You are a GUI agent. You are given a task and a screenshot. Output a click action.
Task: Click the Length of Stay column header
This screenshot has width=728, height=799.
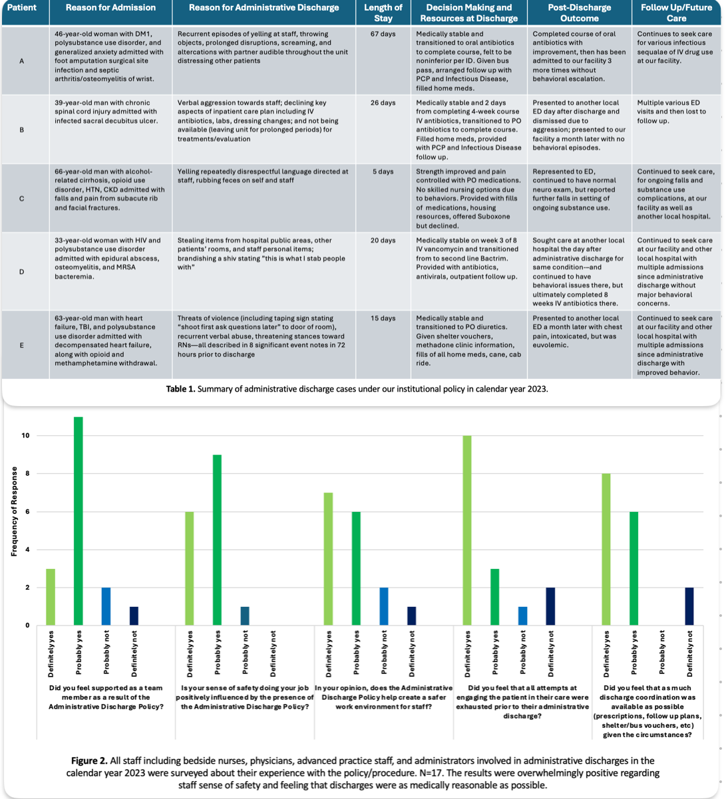(383, 13)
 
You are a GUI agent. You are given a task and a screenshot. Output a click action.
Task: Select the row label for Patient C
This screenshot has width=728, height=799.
(22, 198)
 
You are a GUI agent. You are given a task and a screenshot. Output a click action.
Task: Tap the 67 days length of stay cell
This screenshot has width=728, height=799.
(383, 34)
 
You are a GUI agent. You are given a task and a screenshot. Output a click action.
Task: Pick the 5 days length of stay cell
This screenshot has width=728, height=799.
(383, 171)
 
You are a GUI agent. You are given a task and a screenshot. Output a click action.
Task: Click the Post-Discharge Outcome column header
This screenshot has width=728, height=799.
(579, 13)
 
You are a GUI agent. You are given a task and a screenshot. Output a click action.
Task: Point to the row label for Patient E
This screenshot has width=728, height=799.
(22, 345)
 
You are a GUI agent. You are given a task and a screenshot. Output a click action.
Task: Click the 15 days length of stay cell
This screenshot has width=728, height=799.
(383, 318)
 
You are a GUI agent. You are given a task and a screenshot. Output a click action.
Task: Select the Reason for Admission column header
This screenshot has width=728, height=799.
(110, 8)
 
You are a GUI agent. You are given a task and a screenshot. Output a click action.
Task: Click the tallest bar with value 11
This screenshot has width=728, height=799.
(79, 521)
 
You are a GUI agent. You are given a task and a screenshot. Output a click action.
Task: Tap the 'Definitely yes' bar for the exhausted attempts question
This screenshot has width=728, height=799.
(467, 530)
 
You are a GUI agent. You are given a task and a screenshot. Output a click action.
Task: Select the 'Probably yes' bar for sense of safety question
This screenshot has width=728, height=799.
(218, 540)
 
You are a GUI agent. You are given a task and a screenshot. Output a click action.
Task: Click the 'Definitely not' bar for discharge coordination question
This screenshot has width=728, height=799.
(689, 606)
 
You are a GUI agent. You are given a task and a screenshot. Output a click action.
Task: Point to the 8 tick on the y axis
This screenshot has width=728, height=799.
(26, 474)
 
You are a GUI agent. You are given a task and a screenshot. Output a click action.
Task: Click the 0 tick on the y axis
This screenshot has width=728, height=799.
(27, 626)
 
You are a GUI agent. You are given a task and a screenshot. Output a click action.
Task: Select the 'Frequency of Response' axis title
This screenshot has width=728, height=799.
(14, 511)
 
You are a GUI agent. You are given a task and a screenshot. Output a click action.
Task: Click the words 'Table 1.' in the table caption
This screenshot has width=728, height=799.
(180, 389)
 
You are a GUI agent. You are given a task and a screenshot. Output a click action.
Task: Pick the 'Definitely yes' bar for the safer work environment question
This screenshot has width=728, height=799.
(329, 559)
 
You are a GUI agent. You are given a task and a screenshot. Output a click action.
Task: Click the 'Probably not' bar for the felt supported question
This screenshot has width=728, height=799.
(106, 606)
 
